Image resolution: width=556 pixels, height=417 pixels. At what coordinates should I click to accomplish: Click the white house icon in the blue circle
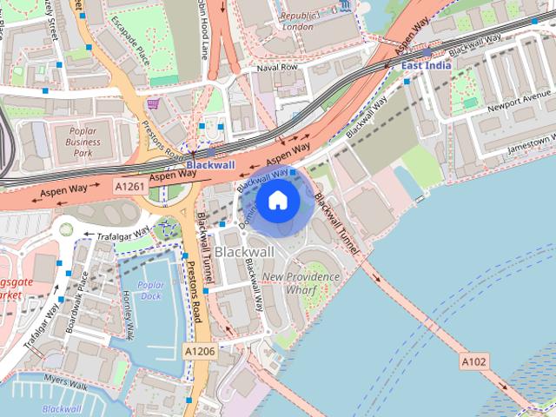[278, 201]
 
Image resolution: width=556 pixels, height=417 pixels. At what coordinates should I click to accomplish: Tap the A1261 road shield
[129, 185]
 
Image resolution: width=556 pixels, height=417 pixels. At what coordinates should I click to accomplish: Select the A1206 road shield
[198, 349]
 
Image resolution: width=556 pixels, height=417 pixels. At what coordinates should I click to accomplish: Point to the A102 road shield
[475, 361]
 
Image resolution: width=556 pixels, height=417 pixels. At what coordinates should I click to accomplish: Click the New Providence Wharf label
[301, 282]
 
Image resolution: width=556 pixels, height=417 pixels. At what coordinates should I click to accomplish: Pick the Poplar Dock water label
[150, 290]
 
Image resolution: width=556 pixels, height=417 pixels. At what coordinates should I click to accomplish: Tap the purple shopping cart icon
[154, 103]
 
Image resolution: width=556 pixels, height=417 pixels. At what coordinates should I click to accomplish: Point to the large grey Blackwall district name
[244, 251]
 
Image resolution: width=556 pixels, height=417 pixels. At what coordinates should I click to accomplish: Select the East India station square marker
[427, 53]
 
